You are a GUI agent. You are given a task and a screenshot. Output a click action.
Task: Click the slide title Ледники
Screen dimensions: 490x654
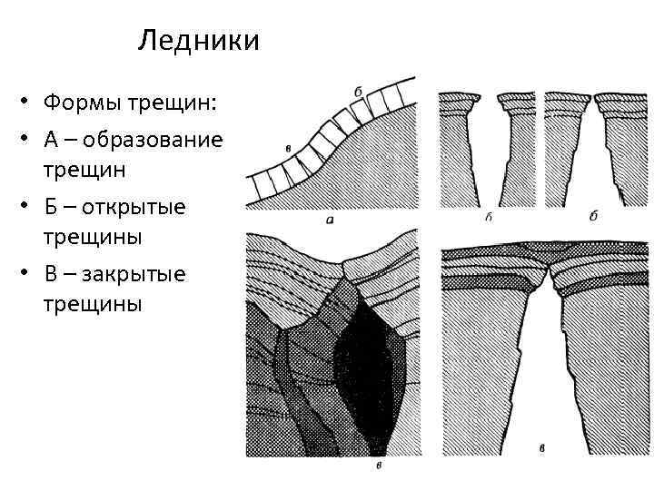pos(199,41)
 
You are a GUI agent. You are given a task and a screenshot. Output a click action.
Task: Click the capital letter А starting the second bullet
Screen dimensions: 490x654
pos(51,141)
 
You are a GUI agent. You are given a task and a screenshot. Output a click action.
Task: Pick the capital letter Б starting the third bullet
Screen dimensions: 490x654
pos(51,207)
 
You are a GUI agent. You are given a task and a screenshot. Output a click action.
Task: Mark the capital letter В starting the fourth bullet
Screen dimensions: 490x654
pos(51,273)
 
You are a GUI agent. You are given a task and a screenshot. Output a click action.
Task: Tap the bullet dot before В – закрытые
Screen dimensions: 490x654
pos(29,274)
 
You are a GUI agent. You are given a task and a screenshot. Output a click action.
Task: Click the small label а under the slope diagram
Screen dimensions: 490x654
pos(328,219)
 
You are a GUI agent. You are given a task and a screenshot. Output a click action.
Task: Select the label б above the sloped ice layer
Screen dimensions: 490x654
pos(358,92)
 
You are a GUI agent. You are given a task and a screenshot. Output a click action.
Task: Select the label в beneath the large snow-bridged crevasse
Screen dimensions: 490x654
pos(542,449)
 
